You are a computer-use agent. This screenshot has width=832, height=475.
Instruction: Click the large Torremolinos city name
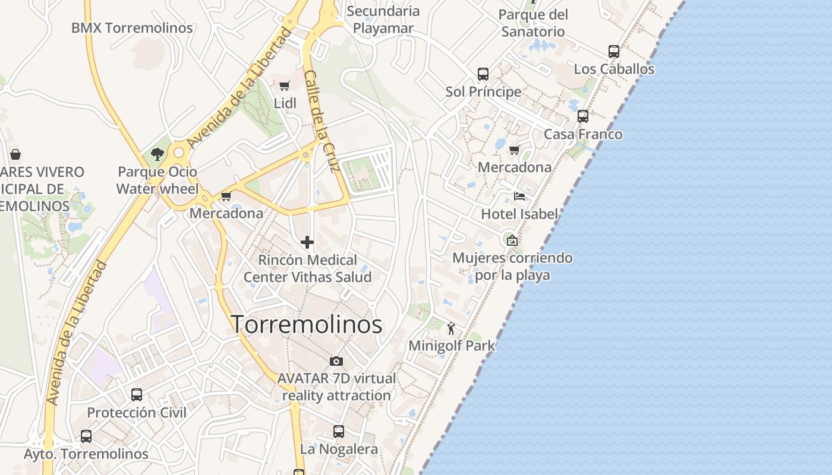pos(306,324)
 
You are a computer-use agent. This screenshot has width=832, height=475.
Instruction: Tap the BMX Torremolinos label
pos(132,28)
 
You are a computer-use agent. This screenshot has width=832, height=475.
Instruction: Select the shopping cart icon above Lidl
pos(285,85)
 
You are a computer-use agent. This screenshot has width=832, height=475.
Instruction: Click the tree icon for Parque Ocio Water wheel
pos(157,154)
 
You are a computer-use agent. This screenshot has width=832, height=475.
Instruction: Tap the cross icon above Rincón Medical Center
pos(307,242)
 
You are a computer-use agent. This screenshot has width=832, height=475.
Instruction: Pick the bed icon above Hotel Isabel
pos(519,197)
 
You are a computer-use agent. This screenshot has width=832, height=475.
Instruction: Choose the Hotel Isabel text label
pos(519,214)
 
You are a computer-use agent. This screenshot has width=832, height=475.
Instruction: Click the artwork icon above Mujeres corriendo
pos(512,240)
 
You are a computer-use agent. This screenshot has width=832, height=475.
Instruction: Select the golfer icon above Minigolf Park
pos(452,328)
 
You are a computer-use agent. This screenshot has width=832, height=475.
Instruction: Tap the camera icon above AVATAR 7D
pos(336,361)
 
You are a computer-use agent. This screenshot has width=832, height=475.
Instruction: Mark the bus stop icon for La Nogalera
pos(339,432)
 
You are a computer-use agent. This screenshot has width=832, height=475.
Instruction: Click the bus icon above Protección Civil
pos(137,395)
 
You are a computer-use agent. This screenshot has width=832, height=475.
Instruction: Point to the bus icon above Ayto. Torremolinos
pos(86,436)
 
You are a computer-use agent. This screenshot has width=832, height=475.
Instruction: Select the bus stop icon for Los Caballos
pos(614,52)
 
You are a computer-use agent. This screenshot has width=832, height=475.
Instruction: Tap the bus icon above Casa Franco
pos(583,116)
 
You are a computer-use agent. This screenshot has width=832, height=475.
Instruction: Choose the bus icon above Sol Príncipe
pos(483,74)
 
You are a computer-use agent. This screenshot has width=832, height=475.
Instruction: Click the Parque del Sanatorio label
pos(533,23)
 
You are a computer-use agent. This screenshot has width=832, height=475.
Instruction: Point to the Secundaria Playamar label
pos(383,19)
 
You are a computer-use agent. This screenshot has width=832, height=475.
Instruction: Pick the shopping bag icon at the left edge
pos(15,154)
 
